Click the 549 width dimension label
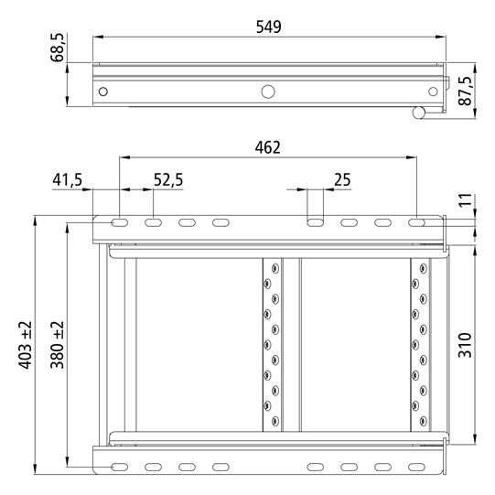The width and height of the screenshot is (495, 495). coord(267,26)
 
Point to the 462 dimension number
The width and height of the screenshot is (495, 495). coord(267,147)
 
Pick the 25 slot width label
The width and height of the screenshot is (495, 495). coord(342,180)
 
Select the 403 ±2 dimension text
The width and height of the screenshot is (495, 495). coord(25,344)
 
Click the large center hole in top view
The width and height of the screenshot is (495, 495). coord(268,91)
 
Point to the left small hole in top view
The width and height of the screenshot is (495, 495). coord(103,91)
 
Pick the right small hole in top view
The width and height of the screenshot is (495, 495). coord(431,91)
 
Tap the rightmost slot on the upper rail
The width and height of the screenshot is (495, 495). coord(416,222)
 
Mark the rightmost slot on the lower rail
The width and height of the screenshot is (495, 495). coord(416,467)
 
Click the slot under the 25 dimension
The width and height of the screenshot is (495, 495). coord(315,222)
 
